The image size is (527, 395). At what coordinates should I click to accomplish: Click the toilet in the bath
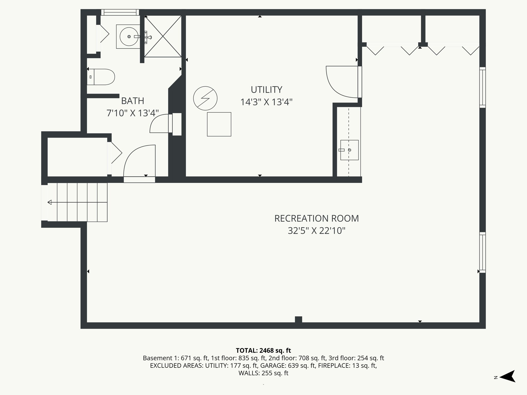click(x=102, y=77)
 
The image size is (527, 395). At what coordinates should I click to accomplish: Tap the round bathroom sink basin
click(x=128, y=37)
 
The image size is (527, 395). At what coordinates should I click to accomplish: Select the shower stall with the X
click(x=163, y=36)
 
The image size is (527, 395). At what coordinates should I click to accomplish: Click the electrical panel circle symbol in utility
click(x=205, y=98)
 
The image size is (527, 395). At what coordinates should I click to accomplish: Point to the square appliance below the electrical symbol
click(x=219, y=124)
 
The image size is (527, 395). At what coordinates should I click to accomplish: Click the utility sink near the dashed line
click(x=349, y=150)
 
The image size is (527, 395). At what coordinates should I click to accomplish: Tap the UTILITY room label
click(x=266, y=90)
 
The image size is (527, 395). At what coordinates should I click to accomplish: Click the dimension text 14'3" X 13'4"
click(x=266, y=102)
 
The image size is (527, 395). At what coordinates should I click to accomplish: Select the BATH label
click(x=133, y=101)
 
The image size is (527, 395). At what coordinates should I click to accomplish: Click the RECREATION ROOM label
click(x=316, y=218)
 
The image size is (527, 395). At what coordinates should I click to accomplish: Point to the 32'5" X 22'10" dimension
click(x=316, y=231)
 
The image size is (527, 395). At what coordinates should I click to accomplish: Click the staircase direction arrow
click(x=50, y=202)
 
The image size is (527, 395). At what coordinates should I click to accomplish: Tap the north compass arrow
click(x=508, y=376)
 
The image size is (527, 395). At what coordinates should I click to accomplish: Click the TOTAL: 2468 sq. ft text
click(x=263, y=351)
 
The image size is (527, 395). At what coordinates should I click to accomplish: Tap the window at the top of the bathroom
click(x=120, y=12)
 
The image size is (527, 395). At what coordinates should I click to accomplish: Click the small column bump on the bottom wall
click(x=298, y=319)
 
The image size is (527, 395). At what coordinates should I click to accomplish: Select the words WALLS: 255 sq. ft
click(x=263, y=373)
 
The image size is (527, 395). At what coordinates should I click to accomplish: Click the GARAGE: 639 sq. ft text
click(x=288, y=365)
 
